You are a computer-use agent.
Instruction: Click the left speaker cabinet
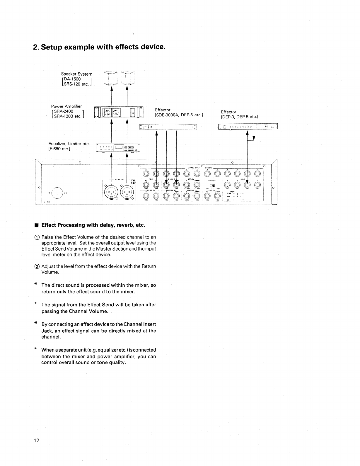111,78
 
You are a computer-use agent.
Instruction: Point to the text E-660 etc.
59,149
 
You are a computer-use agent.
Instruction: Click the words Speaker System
76,74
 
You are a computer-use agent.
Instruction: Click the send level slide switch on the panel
213,186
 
